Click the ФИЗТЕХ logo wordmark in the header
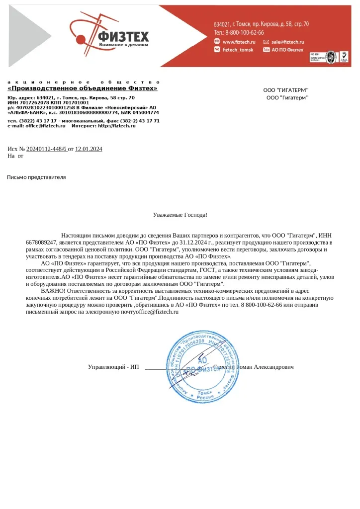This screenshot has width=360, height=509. coord(124,36)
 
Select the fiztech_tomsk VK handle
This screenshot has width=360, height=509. coord(238,50)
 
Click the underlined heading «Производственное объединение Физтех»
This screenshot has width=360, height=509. coord(82,88)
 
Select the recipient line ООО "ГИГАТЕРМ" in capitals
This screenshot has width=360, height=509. coord(285,90)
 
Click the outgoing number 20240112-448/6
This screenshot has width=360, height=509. coord(46,149)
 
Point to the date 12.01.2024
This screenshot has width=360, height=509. coord(89,149)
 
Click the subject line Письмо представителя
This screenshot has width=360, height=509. coord(36,177)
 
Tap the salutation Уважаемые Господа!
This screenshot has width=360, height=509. coord(180,215)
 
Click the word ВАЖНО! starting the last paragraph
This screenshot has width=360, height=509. coord(53,290)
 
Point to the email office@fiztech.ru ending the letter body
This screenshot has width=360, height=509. coord(157,312)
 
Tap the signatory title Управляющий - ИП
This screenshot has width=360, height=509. coord(113,367)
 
